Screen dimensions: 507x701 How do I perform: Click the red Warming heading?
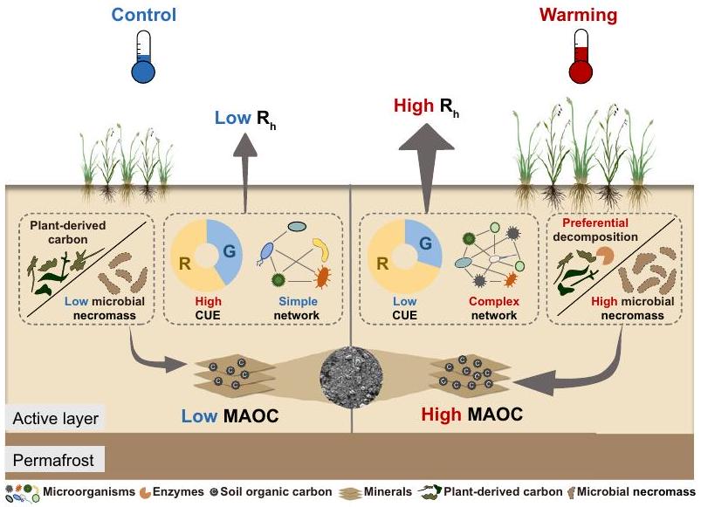point(579,15)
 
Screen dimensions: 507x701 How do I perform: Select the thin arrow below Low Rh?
point(244,175)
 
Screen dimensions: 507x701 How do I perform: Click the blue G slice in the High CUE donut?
point(223,249)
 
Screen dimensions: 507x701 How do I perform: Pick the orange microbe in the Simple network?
point(320,278)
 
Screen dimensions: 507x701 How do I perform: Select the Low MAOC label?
point(230,415)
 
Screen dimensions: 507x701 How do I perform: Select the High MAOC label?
point(472,415)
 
